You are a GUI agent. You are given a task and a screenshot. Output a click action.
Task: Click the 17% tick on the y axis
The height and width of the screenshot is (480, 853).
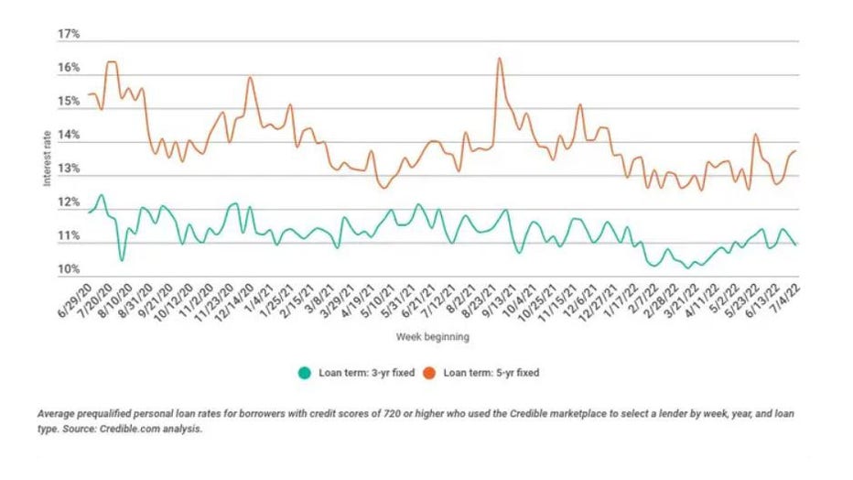(69, 34)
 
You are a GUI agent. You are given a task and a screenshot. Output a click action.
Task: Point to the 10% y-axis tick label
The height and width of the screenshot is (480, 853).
(69, 270)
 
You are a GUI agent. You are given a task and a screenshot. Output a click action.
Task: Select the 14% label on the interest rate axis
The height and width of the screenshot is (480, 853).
(69, 136)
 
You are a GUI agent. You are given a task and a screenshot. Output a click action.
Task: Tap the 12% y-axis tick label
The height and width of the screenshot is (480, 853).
(69, 202)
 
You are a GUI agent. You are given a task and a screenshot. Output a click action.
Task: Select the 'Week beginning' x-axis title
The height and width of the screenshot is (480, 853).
(433, 337)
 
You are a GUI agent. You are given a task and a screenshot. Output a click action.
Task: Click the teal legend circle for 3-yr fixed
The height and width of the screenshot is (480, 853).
(304, 373)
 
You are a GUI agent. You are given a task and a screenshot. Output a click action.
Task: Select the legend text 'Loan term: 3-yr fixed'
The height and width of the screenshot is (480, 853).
(363, 373)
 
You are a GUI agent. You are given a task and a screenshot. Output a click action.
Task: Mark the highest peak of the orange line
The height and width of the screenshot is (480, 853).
(500, 59)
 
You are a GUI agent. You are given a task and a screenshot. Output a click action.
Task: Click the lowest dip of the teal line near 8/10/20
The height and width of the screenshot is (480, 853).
(122, 260)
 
